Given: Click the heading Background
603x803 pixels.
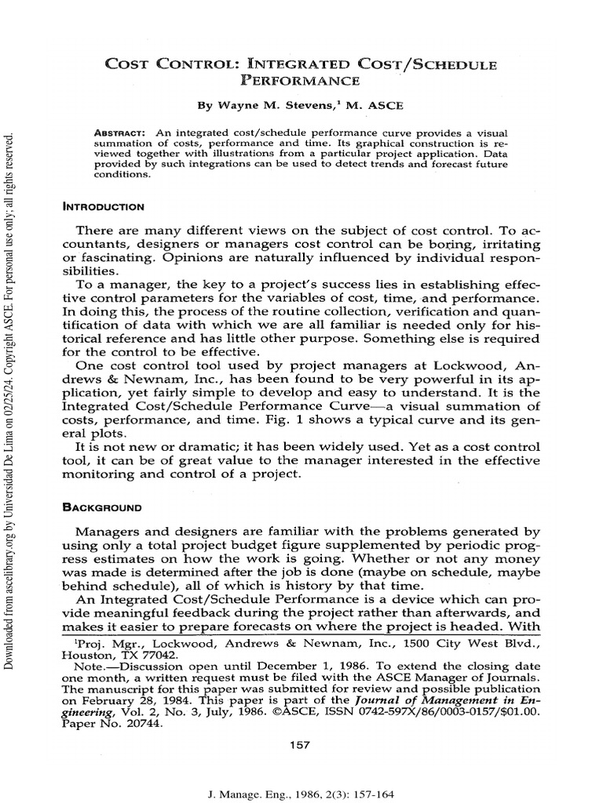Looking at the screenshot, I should [x=102, y=507].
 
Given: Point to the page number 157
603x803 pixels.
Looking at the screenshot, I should [x=301, y=745].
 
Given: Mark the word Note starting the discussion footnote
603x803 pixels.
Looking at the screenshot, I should [x=89, y=666].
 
